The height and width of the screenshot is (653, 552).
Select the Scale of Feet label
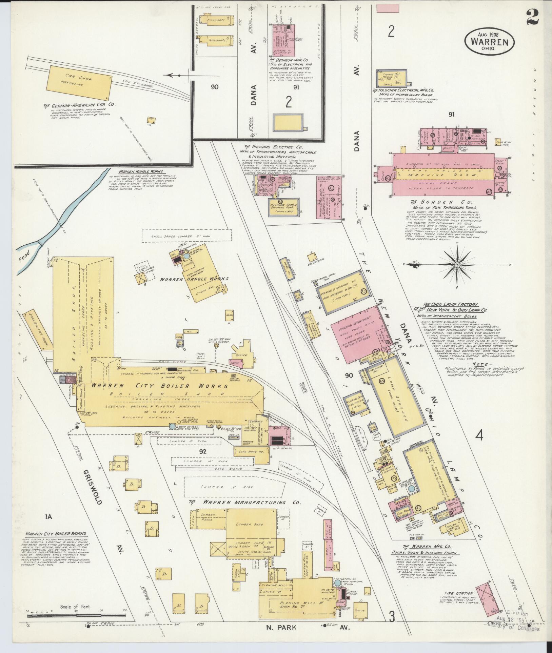click(x=76, y=607)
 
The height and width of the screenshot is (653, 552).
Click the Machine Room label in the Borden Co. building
click(x=446, y=175)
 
